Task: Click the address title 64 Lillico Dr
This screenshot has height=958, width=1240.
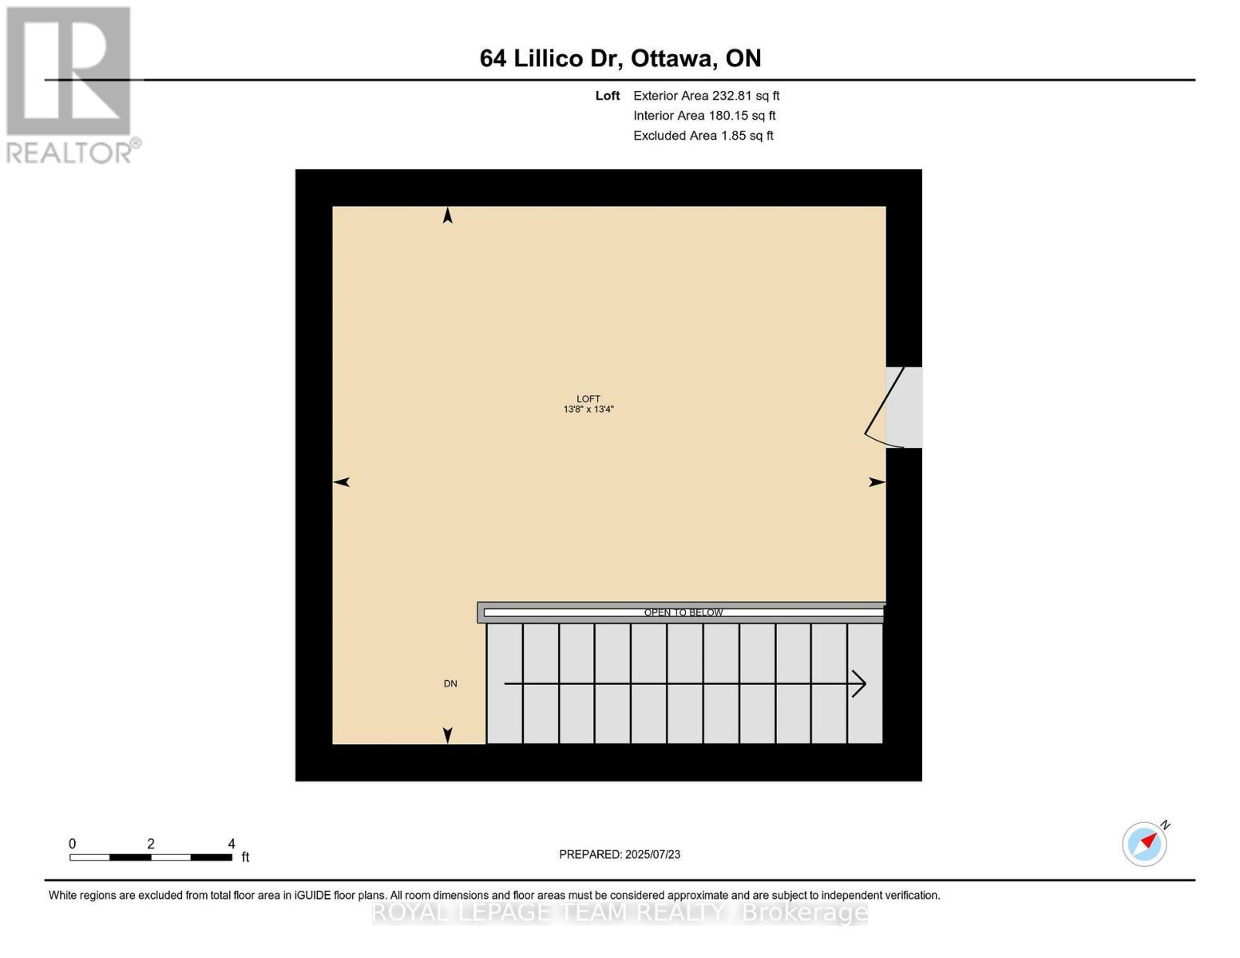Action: coord(620,58)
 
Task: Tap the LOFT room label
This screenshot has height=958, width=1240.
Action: coord(588,399)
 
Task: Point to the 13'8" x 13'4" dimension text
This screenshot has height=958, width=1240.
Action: coord(588,410)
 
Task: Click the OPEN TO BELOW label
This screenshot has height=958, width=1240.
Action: coord(683,612)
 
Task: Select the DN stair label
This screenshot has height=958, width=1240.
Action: coord(450,683)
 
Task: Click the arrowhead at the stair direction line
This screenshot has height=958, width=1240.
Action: coord(861,683)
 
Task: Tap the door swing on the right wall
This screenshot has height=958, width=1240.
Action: coord(885,407)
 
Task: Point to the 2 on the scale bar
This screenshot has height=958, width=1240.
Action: coord(151,844)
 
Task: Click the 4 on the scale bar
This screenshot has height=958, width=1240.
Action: coord(232,844)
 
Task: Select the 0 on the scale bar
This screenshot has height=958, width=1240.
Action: coord(73,844)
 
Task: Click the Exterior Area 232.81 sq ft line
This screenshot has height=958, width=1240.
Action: coord(706,96)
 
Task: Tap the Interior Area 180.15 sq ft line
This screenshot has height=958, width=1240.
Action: coord(704,116)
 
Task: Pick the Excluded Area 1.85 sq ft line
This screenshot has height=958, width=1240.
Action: coord(703,136)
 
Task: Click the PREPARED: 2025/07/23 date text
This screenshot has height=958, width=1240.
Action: coord(620,854)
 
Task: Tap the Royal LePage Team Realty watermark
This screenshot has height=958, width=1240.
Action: coord(620,912)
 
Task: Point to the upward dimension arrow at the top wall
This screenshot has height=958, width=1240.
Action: coord(448,216)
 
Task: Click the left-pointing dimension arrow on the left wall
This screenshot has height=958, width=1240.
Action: coord(342,482)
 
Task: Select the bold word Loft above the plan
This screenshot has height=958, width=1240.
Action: coord(608,96)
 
